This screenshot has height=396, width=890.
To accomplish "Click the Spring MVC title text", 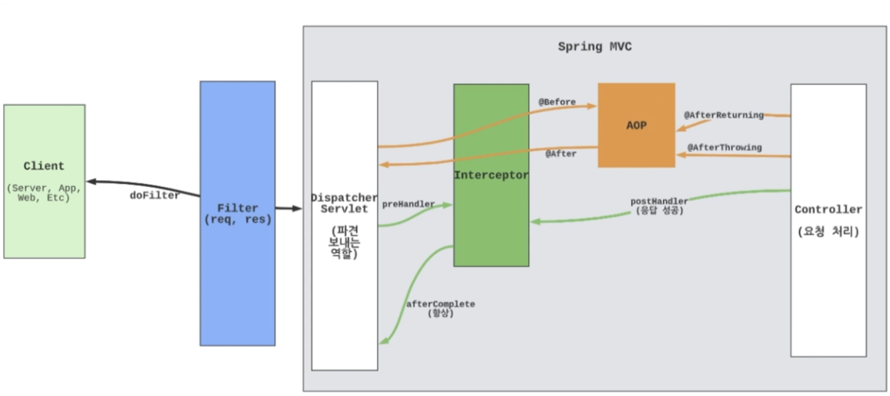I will [594, 47].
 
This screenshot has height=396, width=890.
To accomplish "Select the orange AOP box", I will [636, 125].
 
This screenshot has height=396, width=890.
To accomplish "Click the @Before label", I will [557, 102].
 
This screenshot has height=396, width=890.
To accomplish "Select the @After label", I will [560, 154].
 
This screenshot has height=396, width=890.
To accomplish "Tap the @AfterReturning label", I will [722, 115].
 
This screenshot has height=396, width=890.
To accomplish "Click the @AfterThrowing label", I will [724, 148].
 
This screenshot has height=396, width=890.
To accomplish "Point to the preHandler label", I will [408, 204].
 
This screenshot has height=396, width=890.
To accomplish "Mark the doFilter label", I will [154, 196].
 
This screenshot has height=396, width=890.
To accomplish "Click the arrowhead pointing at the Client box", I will [91, 182].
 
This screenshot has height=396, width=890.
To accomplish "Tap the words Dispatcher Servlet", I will [344, 203].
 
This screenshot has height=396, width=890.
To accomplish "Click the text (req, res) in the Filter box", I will [237, 220].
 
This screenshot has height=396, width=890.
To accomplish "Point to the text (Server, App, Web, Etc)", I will [44, 193].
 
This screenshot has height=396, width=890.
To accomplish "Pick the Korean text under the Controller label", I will [827, 232].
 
